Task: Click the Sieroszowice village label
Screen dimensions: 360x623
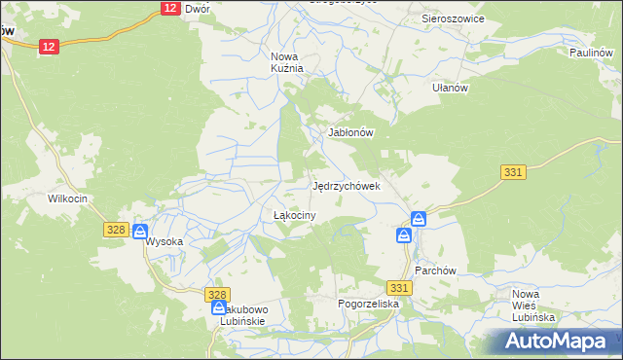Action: click(x=453, y=18)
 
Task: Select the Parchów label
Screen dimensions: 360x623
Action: click(x=435, y=270)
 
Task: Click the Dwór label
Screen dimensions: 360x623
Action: click(x=198, y=9)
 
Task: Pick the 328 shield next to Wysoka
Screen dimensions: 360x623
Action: click(x=116, y=229)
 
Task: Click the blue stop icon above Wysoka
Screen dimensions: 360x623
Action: click(x=140, y=232)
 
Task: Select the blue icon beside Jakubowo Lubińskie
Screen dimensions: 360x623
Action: click(x=219, y=308)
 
